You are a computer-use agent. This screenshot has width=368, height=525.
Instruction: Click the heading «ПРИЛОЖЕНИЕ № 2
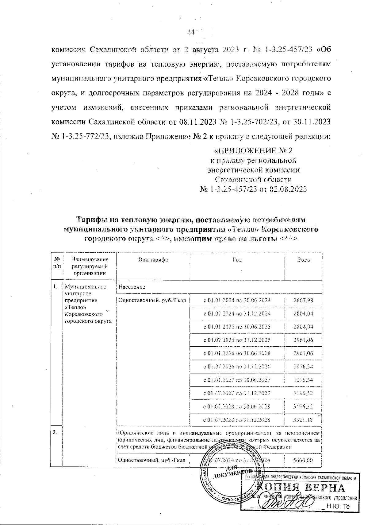(253, 151)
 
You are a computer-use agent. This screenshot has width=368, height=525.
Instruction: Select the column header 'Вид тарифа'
(153, 260)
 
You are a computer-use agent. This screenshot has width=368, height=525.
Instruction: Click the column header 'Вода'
(303, 260)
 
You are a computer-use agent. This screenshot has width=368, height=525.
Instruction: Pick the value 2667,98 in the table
(303, 300)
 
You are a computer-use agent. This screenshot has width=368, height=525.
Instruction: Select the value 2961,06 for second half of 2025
(303, 340)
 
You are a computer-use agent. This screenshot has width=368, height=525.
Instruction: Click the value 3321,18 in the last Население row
(303, 420)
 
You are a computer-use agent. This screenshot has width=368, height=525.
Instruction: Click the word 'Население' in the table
(132, 287)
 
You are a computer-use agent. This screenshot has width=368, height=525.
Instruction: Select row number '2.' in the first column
(55, 432)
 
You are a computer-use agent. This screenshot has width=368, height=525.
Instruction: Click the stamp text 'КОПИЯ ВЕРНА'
(301, 488)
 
